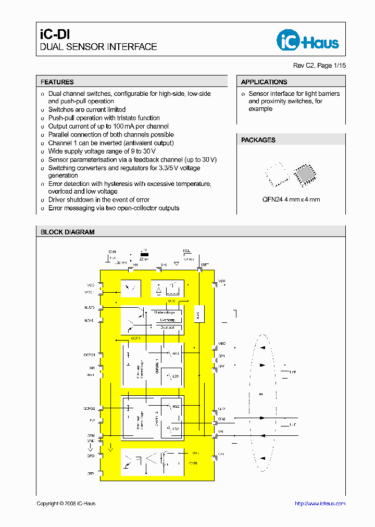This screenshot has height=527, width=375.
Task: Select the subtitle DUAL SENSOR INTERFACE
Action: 98,47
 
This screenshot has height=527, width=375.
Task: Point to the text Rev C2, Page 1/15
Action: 319,66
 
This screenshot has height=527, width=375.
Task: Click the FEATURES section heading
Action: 57,82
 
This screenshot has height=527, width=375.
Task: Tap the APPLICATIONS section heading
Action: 264,82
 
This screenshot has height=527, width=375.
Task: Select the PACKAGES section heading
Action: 258,140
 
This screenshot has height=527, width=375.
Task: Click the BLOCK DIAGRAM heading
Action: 68,232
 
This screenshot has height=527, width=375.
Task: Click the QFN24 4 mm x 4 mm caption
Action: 291,199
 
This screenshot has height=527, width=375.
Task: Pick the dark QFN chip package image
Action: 303,174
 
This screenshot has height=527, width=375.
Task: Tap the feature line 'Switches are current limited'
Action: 87,109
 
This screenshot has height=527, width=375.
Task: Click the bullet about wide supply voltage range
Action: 95,151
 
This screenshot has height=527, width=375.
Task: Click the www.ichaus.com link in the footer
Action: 320,504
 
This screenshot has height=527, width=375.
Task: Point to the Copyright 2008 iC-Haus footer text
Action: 66,504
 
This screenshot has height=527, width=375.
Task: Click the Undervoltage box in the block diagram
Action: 167,312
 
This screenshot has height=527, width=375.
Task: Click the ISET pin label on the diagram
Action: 205,265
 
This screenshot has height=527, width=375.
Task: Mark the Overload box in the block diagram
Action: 167,328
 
